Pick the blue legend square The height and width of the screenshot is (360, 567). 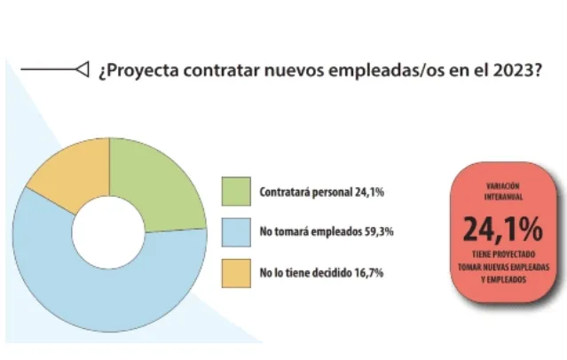coord(235,231)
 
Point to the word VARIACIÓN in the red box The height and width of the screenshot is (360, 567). coord(502,186)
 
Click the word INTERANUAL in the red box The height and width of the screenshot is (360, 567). coord(502,198)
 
